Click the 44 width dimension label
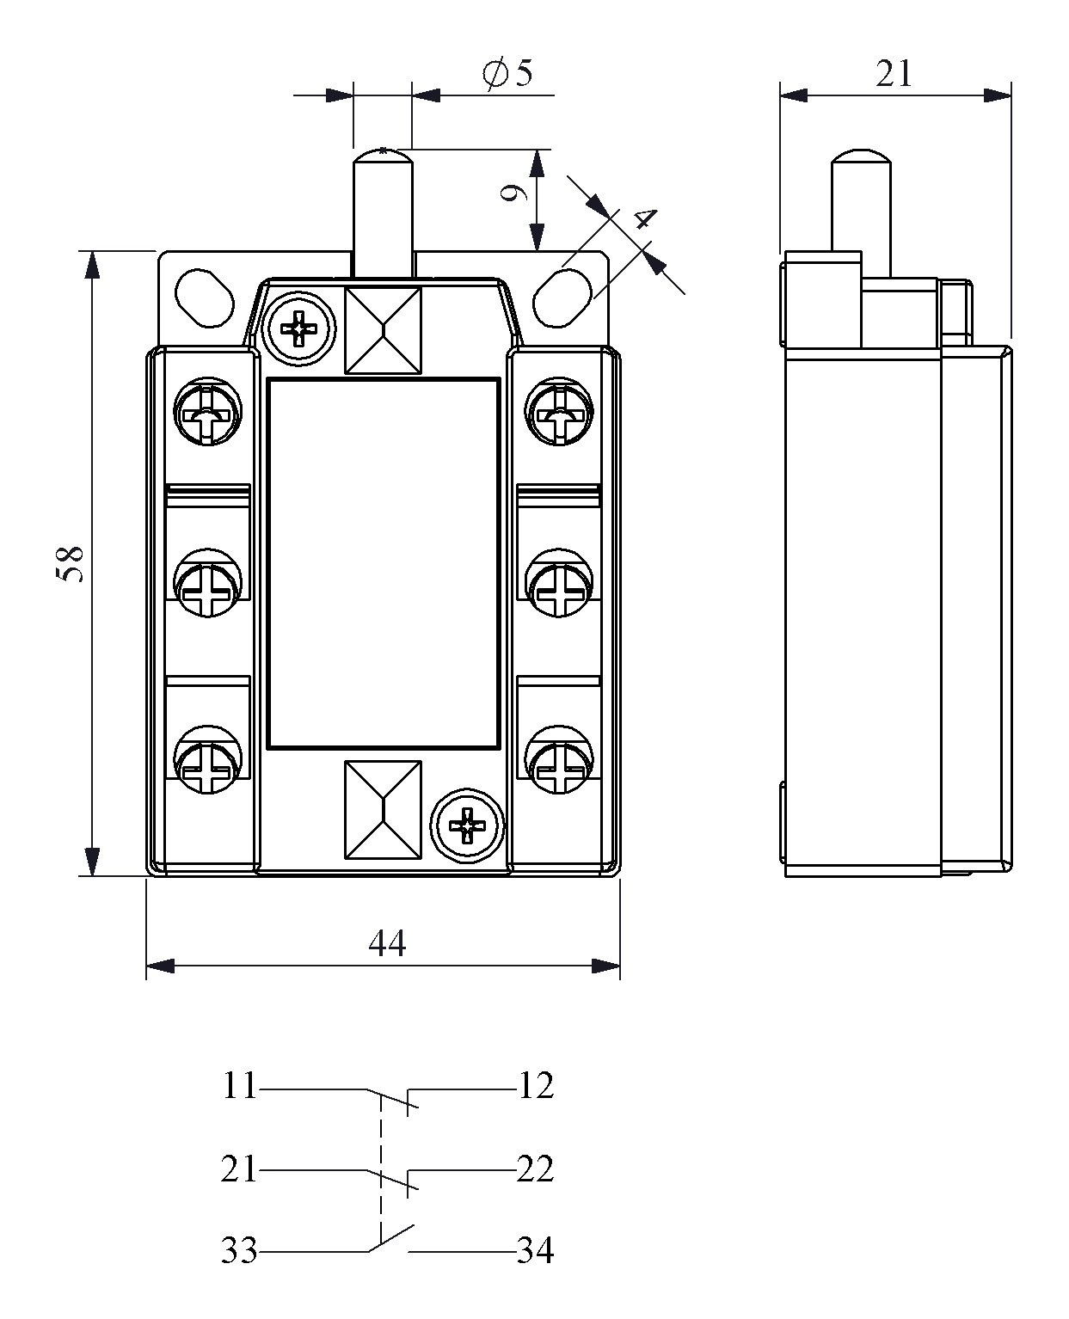386,943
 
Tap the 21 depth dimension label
894,74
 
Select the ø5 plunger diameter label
508,74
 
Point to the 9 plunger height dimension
513,194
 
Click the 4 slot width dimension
642,219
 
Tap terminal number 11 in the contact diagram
240,1086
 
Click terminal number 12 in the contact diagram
536,1086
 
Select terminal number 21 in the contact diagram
240,1169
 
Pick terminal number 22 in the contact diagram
536,1169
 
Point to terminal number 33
240,1250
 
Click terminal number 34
536,1250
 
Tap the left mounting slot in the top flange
204,298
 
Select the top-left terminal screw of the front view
206,414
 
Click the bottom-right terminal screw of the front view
558,761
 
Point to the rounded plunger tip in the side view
860,160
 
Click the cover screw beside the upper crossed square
299,328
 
